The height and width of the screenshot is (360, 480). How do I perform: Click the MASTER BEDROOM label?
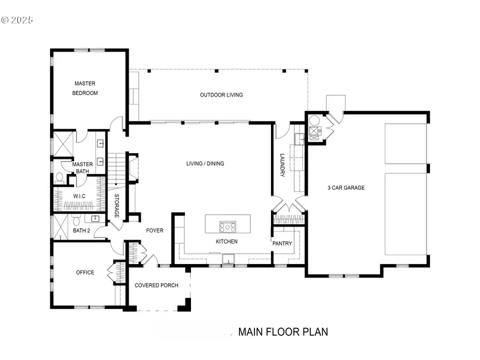(85, 88)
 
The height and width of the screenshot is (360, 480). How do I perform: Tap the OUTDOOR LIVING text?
(221, 95)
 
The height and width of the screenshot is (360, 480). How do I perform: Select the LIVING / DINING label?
(205, 163)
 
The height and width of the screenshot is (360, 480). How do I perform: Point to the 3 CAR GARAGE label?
(346, 188)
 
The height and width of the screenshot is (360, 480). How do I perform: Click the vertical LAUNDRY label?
(283, 166)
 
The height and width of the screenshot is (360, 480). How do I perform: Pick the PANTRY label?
(283, 243)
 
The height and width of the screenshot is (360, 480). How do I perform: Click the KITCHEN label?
(227, 242)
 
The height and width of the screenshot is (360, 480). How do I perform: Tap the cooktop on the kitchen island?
(228, 227)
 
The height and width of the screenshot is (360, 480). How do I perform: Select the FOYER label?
(155, 230)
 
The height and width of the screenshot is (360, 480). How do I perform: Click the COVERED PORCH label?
(156, 285)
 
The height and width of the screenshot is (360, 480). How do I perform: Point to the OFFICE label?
(85, 273)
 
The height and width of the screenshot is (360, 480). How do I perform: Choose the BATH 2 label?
(82, 230)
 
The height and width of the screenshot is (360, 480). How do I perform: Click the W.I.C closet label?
(79, 196)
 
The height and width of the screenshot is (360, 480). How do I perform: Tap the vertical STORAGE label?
(117, 205)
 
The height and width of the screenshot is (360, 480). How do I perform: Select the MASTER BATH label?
(83, 167)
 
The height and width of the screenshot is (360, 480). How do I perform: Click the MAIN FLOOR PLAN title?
(283, 332)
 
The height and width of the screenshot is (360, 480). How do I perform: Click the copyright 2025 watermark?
(17, 20)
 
